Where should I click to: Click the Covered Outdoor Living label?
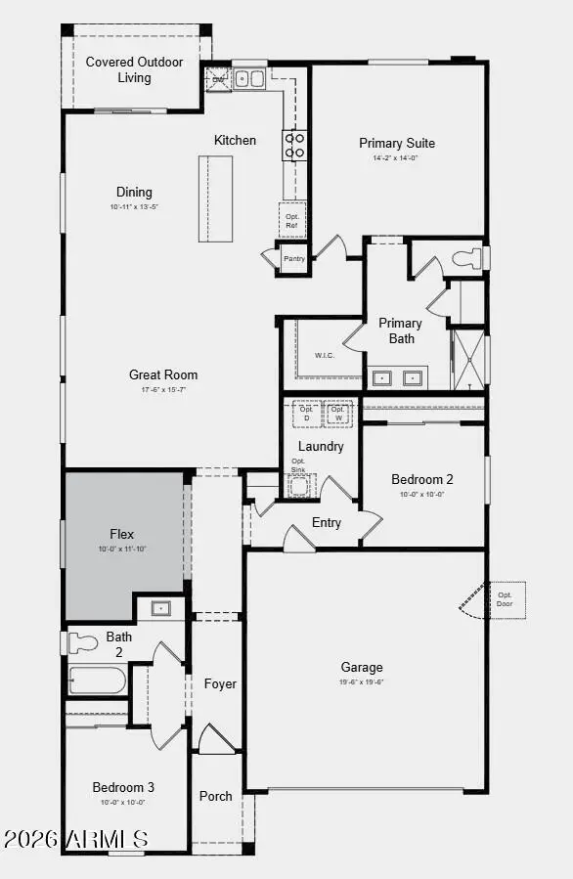tap(134, 69)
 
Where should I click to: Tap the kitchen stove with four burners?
tap(294, 145)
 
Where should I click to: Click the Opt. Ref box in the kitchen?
tap(291, 221)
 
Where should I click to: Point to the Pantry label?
tap(293, 259)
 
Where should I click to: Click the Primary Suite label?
tap(397, 143)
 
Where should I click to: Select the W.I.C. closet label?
tap(325, 355)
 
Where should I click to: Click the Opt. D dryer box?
tap(307, 413)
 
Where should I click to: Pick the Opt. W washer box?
tap(338, 413)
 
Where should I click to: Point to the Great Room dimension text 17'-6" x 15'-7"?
tap(163, 390)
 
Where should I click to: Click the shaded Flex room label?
tap(122, 534)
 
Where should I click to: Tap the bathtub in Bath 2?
tap(97, 681)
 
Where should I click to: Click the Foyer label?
tap(220, 684)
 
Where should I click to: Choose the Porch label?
tap(216, 796)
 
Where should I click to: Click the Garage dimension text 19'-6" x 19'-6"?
tap(362, 681)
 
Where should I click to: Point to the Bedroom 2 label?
tap(422, 479)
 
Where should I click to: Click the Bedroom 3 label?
tap(123, 787)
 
